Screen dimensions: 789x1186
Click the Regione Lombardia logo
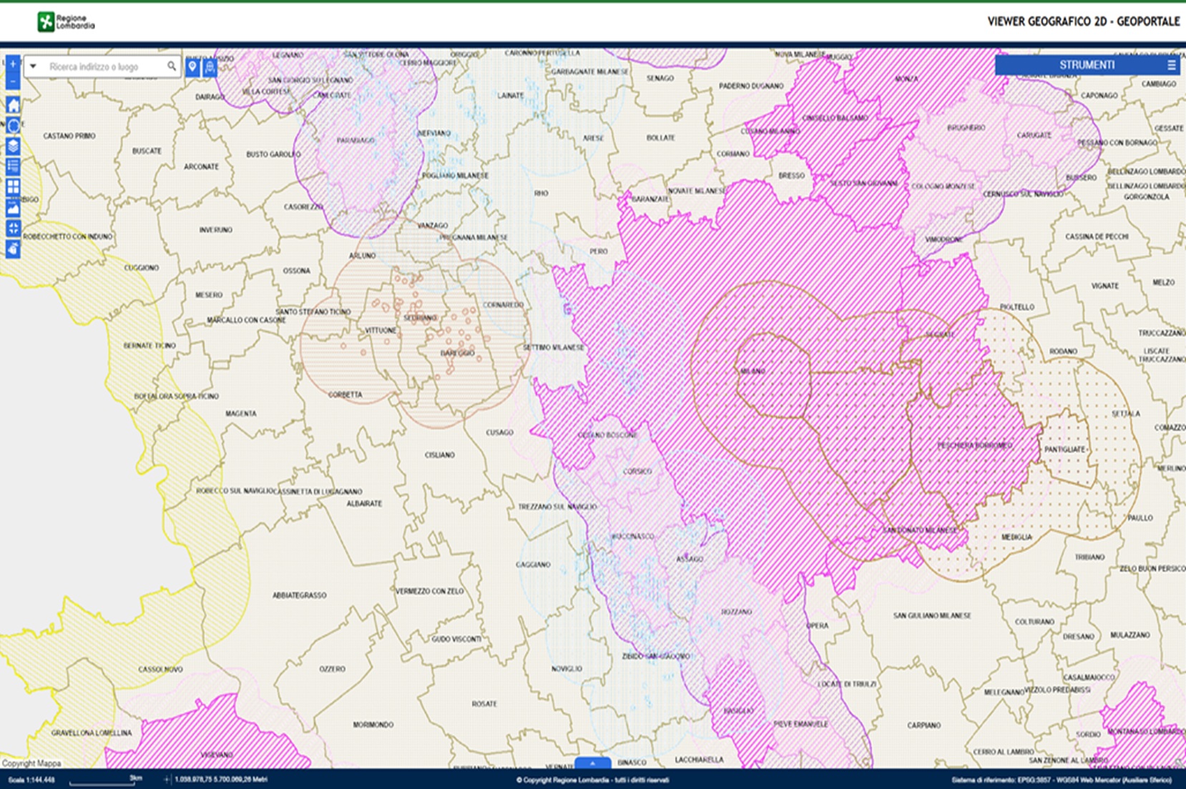tap(65, 22)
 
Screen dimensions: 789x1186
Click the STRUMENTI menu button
tap(1087, 65)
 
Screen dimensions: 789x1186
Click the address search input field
tap(97, 66)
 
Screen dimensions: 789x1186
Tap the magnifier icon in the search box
tap(172, 66)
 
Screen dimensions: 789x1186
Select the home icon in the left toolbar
tap(13, 105)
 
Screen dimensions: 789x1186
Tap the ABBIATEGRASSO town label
tap(299, 595)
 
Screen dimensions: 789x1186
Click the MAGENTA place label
tap(240, 413)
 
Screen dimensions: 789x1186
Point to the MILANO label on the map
tap(753, 371)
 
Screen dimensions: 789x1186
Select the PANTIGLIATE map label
tap(1064, 450)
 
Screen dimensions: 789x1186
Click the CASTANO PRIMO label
tap(69, 136)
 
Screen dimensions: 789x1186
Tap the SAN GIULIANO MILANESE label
tap(932, 615)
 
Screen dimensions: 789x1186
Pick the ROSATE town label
tap(484, 704)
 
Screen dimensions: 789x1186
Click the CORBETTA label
tap(345, 394)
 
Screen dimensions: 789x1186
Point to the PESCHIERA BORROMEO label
tap(974, 445)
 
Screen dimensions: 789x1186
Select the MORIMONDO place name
tap(373, 725)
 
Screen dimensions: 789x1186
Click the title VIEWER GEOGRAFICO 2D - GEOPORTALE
tap(1083, 21)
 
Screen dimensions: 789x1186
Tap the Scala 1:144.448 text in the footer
tap(31, 780)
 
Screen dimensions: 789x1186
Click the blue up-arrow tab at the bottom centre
tap(592, 763)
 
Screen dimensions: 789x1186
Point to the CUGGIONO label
tap(141, 267)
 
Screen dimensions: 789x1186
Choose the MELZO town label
tap(1163, 282)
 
